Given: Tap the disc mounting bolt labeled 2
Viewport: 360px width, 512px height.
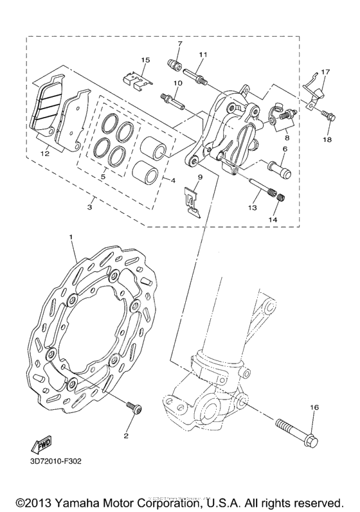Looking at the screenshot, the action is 134,408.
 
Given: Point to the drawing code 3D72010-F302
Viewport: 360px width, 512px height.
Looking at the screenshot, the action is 56,461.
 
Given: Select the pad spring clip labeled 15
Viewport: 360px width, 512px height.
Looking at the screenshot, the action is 138,81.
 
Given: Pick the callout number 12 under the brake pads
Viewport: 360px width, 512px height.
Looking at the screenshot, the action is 45,153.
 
